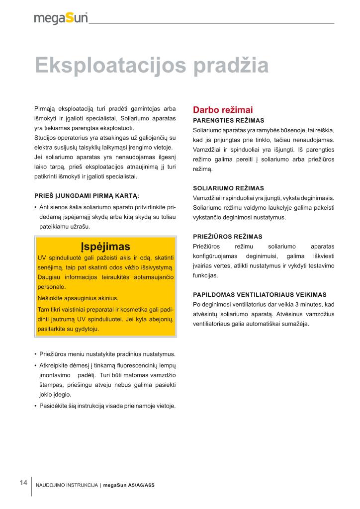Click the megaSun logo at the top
click(61, 18)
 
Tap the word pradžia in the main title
click(230, 66)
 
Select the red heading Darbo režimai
click(223, 110)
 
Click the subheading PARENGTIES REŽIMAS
click(228, 120)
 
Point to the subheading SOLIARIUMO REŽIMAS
click(228, 188)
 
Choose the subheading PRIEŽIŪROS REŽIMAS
click(227, 237)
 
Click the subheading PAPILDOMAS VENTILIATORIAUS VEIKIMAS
click(260, 294)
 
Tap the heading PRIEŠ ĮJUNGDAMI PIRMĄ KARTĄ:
click(87, 195)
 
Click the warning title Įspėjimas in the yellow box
click(105, 247)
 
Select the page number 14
click(23, 483)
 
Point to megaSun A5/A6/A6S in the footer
click(129, 485)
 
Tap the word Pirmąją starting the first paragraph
click(44, 108)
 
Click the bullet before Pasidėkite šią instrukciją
click(35, 406)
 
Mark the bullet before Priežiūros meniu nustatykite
click(35, 354)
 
